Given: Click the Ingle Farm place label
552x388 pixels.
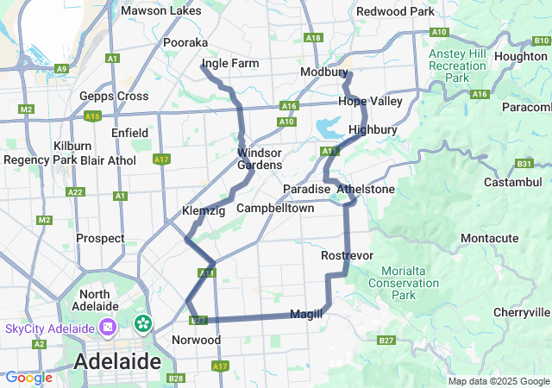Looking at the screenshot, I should pyautogui.click(x=229, y=64).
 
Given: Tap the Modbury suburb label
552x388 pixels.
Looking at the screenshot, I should pyautogui.click(x=323, y=72).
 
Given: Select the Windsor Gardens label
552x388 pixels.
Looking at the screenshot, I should pyautogui.click(x=260, y=159).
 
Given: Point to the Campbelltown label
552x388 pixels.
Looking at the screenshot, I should pyautogui.click(x=275, y=209).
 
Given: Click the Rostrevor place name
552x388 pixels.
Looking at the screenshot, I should pyautogui.click(x=346, y=256).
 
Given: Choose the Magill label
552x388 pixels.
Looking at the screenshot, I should pyautogui.click(x=306, y=314).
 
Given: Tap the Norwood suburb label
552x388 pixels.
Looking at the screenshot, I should pyautogui.click(x=197, y=340).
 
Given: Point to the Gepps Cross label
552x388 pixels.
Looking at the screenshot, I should pyautogui.click(x=113, y=96).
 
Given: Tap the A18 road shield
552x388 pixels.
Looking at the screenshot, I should pyautogui.click(x=313, y=38).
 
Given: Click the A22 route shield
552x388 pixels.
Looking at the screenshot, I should pyautogui.click(x=75, y=191).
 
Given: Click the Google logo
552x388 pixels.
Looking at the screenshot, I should pyautogui.click(x=28, y=378).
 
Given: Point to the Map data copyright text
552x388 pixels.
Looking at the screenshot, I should pyautogui.click(x=499, y=381).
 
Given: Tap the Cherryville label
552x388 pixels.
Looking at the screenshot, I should pyautogui.click(x=521, y=312).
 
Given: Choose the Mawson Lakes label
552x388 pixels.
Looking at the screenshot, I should pyautogui.click(x=161, y=11).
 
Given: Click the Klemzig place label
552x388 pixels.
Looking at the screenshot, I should pyautogui.click(x=204, y=211).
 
